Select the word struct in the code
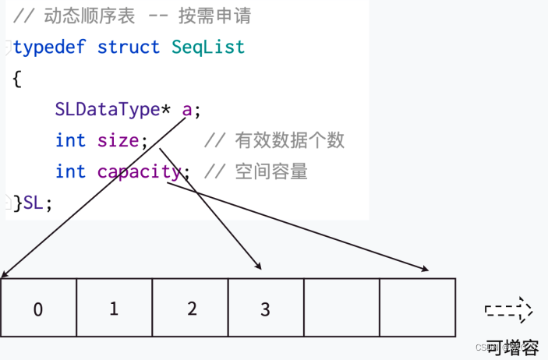pyautogui.click(x=129, y=47)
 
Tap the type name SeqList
pyautogui.click(x=208, y=47)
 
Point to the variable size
pyautogui.click(x=118, y=140)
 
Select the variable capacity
pyautogui.click(x=139, y=171)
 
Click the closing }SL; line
pyautogui.click(x=33, y=203)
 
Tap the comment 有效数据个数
pyautogui.click(x=289, y=140)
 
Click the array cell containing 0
pyautogui.click(x=38, y=309)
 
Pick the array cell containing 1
pyautogui.click(x=114, y=309)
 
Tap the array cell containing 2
pyautogui.click(x=190, y=309)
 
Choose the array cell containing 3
pyautogui.click(x=265, y=309)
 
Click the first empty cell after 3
pyautogui.click(x=341, y=309)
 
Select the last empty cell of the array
pyautogui.click(x=417, y=309)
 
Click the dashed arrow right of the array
pyautogui.click(x=509, y=310)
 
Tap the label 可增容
pyautogui.click(x=511, y=346)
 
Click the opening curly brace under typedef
pyautogui.click(x=16, y=79)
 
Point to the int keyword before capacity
pyautogui.click(x=70, y=171)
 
